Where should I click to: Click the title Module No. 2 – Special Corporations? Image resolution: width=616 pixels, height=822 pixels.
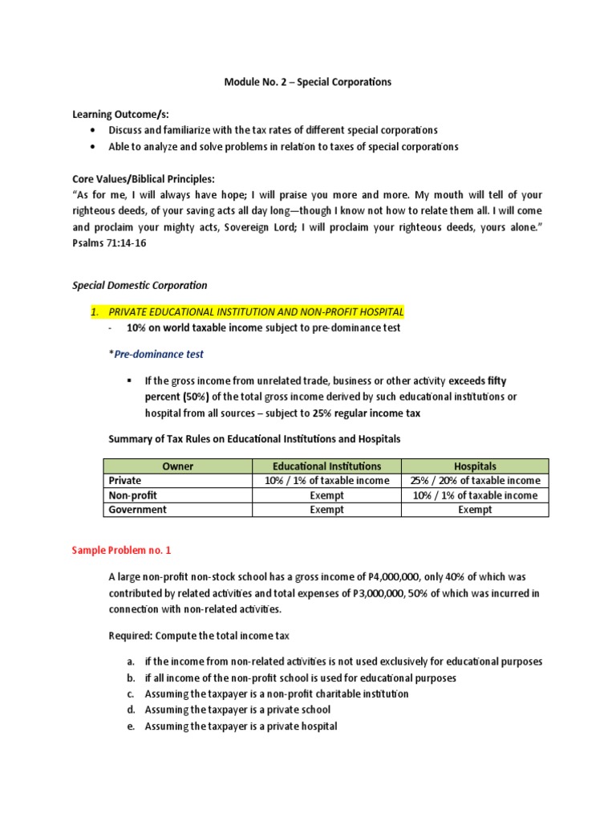[x=307, y=82]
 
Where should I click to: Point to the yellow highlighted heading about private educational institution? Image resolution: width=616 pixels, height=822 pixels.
[x=257, y=311]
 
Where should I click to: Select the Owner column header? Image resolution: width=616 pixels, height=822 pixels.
[x=177, y=466]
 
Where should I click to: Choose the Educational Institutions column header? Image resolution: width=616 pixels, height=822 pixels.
[x=326, y=466]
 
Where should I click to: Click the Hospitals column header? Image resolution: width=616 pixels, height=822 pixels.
[x=475, y=466]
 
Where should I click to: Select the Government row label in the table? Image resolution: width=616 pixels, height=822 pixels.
[x=138, y=510]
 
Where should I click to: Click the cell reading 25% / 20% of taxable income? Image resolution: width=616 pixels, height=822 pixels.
[x=475, y=481]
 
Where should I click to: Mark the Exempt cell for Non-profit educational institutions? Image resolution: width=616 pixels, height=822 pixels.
[x=326, y=495]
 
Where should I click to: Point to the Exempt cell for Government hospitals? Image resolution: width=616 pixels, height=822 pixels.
[x=475, y=510]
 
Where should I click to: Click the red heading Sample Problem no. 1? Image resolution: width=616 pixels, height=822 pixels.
[x=121, y=551]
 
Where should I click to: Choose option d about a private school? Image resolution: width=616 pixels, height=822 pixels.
[x=237, y=710]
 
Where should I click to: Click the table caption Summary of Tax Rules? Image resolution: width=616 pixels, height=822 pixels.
[x=254, y=439]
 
